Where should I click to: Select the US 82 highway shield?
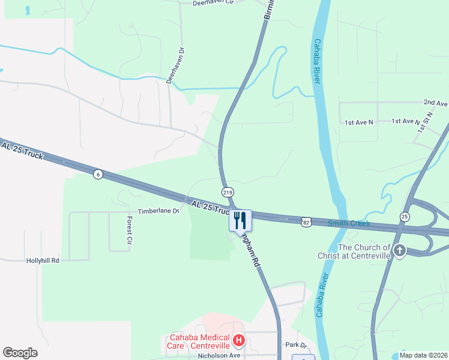coord(307,222)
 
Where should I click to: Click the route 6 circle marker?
coord(97,174)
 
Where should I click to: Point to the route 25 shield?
coord(405,216)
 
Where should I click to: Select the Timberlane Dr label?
coord(158,211)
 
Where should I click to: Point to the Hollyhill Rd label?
coord(43,261)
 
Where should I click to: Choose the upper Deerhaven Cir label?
coord(212,3)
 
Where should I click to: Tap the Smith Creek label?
coord(349,223)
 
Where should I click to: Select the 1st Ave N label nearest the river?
coord(358,122)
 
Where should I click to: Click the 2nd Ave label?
coord(435,103)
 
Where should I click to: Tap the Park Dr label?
coord(296,345)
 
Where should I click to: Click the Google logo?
coord(20,353)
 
